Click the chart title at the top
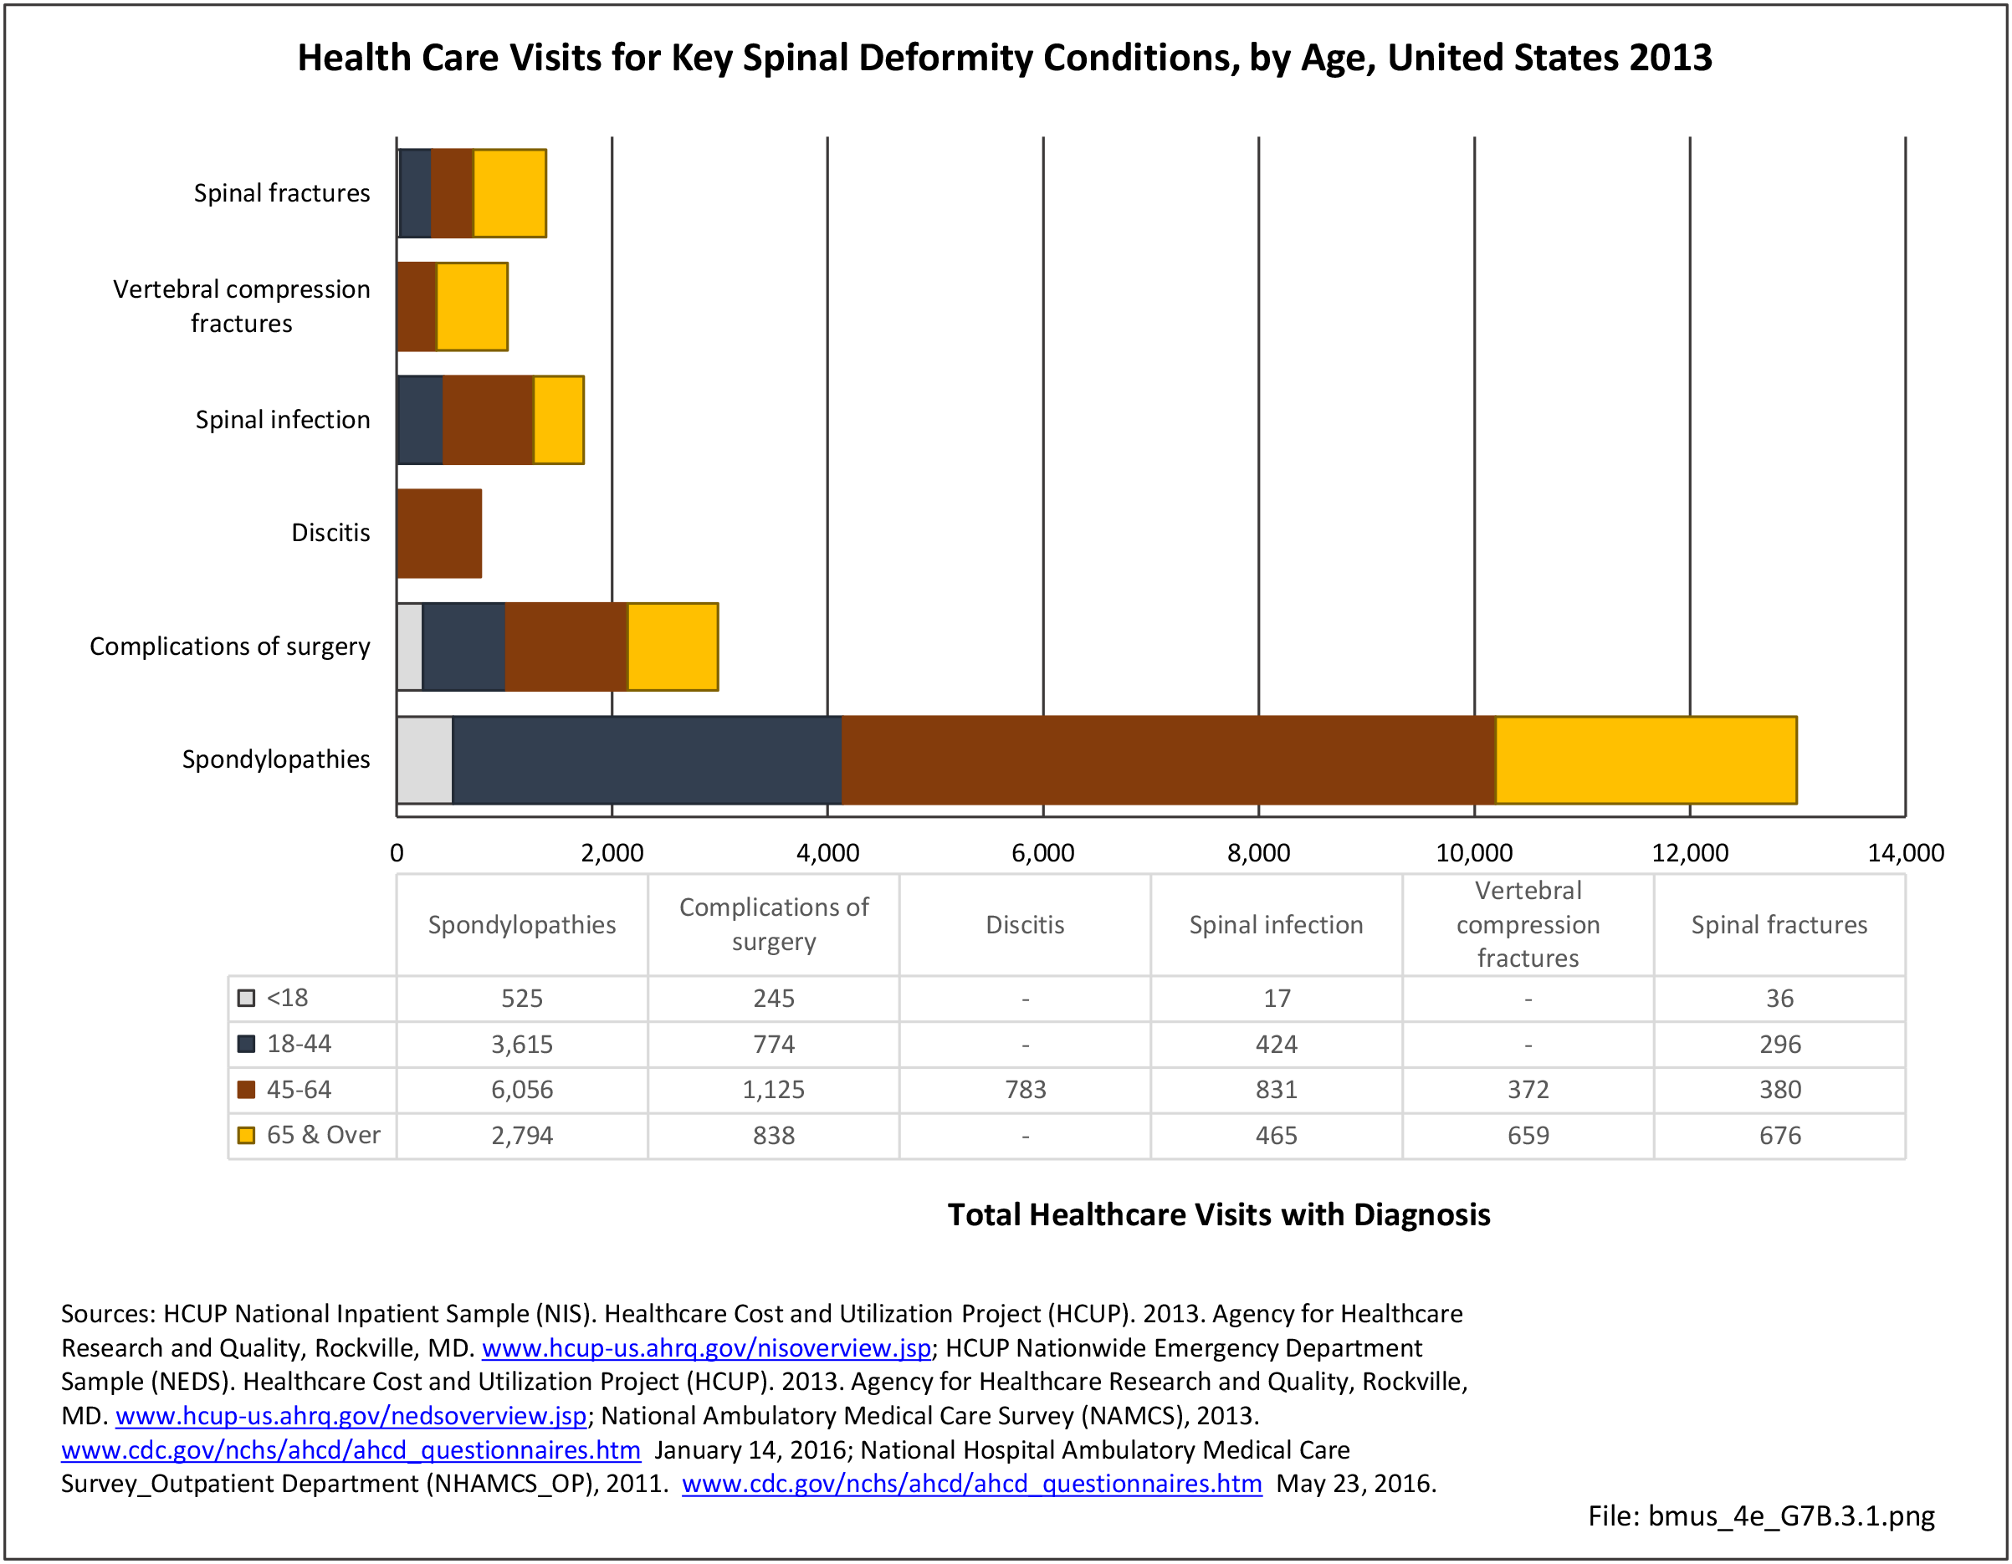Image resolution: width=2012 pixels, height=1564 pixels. [1004, 58]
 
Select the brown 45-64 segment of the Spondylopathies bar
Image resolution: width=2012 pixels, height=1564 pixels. [1168, 760]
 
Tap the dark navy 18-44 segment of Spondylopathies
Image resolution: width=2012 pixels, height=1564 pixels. [647, 760]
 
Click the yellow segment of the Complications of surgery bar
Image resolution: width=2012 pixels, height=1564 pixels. [673, 647]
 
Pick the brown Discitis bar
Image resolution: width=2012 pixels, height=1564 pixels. [439, 534]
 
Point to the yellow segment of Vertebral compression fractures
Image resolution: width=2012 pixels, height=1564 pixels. [472, 307]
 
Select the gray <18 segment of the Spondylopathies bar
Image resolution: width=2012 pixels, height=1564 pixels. [425, 760]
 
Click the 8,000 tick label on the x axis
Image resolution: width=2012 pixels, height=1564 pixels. [1258, 853]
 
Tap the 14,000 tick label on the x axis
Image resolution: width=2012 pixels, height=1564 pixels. [1905, 853]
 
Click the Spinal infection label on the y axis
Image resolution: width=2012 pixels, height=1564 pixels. [282, 420]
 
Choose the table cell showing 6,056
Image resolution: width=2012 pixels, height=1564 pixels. [521, 1090]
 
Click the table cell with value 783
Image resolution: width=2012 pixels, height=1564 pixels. [1026, 1090]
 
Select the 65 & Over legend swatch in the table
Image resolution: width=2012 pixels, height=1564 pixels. [246, 1136]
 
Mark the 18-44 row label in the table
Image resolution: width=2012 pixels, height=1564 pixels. [299, 1044]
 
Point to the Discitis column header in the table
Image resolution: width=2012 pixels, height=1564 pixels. [1026, 925]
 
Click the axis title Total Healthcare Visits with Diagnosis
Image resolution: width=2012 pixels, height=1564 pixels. [1219, 1215]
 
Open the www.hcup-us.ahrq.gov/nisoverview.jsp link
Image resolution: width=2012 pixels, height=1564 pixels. [706, 1348]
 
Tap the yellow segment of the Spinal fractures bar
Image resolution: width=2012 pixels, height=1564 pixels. [509, 193]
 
